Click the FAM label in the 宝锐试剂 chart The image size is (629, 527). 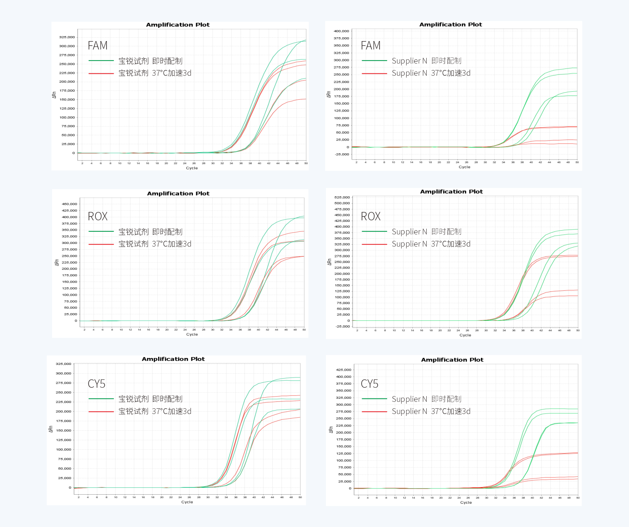pyautogui.click(x=98, y=46)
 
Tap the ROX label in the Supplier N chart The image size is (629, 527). pyautogui.click(x=370, y=217)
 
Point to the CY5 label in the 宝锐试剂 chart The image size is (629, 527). pyautogui.click(x=97, y=384)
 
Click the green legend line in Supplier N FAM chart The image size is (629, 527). pyautogui.click(x=374, y=61)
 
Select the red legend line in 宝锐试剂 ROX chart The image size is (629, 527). pyautogui.click(x=101, y=244)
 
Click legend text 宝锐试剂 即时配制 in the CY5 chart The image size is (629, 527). pyautogui.click(x=150, y=399)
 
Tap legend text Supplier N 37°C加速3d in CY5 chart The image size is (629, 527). pyautogui.click(x=431, y=411)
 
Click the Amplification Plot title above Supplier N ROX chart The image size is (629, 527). pyautogui.click(x=451, y=192)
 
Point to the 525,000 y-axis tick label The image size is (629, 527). pyautogui.click(x=342, y=197)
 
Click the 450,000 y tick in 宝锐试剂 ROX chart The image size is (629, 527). pyautogui.click(x=69, y=204)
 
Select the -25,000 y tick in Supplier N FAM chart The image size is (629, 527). pyautogui.click(x=342, y=154)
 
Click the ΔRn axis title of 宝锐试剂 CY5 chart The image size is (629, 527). pyautogui.click(x=51, y=429)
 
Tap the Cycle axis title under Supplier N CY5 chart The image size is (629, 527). pyautogui.click(x=465, y=503)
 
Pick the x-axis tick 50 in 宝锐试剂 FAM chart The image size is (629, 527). pyautogui.click(x=306, y=163)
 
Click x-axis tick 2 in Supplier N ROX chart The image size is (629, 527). pyautogui.click(x=357, y=330)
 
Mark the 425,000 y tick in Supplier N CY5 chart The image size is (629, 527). pyautogui.click(x=343, y=370)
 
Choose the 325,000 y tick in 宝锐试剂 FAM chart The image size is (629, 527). pyautogui.click(x=67, y=37)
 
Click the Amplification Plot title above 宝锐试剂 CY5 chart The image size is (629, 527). pyautogui.click(x=173, y=359)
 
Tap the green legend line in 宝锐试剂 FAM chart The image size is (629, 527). pyautogui.click(x=101, y=61)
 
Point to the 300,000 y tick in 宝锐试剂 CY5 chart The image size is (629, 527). pyautogui.click(x=64, y=374)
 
